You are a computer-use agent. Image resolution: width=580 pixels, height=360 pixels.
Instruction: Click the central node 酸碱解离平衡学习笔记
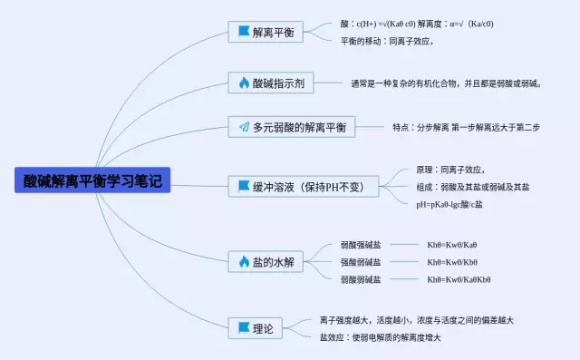tap(92, 180)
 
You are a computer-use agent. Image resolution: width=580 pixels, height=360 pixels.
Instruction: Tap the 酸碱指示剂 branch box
tap(270, 83)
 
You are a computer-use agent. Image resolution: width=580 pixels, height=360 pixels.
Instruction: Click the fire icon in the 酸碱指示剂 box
tap(244, 83)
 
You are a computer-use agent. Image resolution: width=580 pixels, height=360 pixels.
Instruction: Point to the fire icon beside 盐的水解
tap(244, 261)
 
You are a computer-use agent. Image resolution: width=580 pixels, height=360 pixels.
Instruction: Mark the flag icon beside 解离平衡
tap(244, 32)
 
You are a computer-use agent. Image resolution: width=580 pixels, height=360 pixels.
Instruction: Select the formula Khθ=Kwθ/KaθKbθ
tap(459, 279)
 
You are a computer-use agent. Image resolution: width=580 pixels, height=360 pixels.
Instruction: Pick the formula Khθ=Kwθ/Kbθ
tap(452, 262)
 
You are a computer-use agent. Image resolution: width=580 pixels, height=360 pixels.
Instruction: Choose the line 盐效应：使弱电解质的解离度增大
tap(380, 337)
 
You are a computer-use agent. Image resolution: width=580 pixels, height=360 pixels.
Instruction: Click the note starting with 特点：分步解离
tap(466, 128)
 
